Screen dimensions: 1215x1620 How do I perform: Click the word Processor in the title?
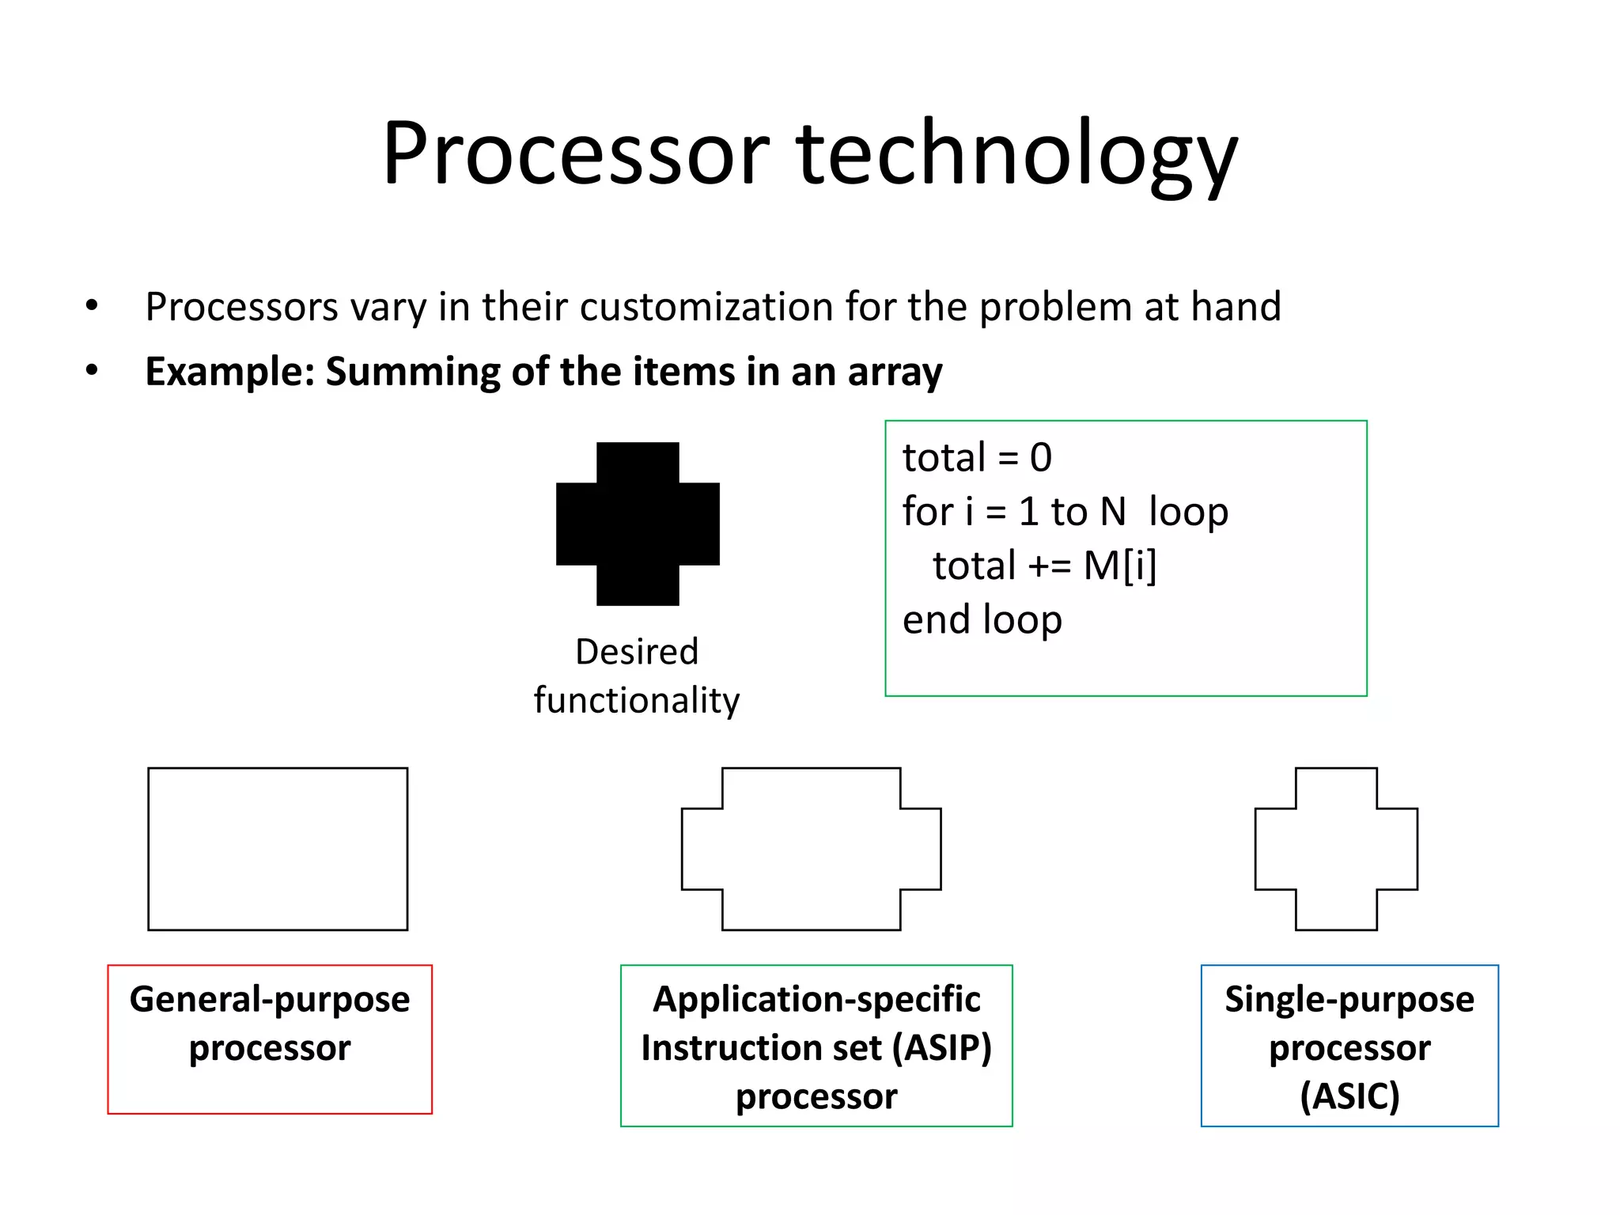[x=576, y=154]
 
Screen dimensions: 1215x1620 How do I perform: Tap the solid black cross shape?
[x=638, y=524]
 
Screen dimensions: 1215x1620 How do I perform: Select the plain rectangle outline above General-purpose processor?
[x=278, y=849]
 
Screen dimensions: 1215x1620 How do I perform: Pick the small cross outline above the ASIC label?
[x=1336, y=849]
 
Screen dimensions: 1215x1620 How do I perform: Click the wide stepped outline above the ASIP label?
[x=811, y=849]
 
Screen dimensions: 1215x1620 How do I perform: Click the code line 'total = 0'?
[x=977, y=458]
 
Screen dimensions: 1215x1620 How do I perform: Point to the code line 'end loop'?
[x=982, y=619]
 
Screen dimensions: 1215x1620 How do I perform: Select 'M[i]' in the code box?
[x=1119, y=566]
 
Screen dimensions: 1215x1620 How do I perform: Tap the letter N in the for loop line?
[x=1112, y=512]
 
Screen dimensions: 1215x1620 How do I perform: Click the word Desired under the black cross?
[x=637, y=652]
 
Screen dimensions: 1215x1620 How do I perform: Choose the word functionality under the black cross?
[x=637, y=701]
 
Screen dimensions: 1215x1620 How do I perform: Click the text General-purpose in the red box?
[x=270, y=1000]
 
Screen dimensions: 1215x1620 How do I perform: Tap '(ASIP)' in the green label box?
[x=941, y=1048]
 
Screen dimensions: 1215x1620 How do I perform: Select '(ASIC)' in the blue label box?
[x=1349, y=1096]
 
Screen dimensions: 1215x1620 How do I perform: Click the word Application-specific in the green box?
[x=816, y=1000]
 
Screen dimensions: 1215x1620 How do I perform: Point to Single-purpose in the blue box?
[x=1349, y=1000]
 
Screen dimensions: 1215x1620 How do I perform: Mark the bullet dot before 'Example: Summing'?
[x=92, y=370]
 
